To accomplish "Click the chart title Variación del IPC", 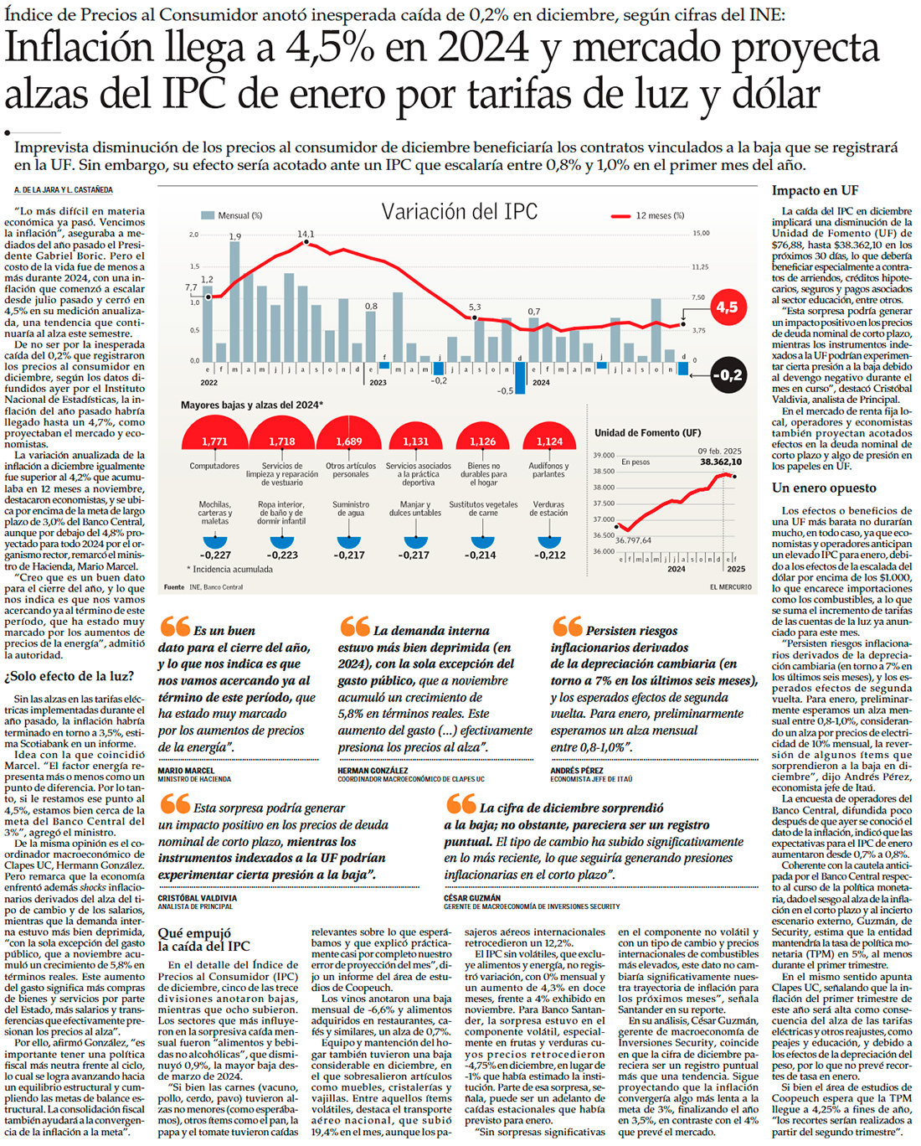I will point(459,212).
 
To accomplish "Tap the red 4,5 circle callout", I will point(726,307).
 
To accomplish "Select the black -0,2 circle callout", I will point(728,375).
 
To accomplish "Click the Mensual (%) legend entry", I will point(232,215).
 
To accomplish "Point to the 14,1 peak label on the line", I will point(306,234).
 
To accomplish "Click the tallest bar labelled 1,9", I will point(235,302).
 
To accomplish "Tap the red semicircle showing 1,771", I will point(214,436).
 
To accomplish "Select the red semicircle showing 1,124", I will point(548,438).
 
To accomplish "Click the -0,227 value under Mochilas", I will point(215,555).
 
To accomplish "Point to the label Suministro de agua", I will point(350,508).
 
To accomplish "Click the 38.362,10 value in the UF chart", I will point(720,462).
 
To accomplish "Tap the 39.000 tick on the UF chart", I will point(604,455).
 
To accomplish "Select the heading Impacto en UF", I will point(815,191).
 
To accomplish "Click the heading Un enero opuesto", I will point(824,488).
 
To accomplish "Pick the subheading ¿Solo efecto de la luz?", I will point(69,676).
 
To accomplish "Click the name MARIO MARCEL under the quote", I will point(186,770).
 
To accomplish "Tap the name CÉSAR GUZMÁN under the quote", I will point(472,897).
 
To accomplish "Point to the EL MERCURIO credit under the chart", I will point(730,587).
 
